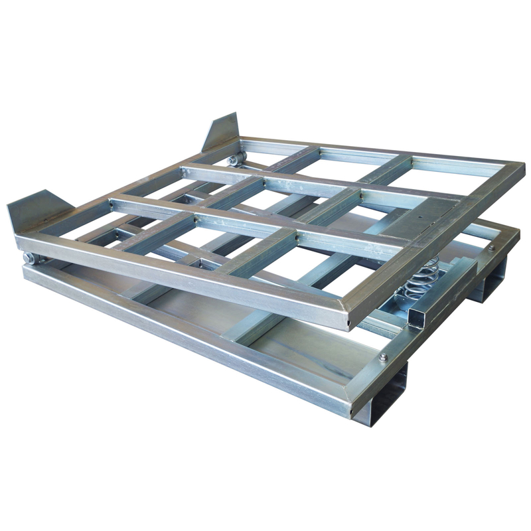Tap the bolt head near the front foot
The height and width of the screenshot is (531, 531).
tap(383, 357)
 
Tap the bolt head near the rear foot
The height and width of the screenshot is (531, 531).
tap(492, 248)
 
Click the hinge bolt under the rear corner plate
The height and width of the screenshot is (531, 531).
tap(233, 159)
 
